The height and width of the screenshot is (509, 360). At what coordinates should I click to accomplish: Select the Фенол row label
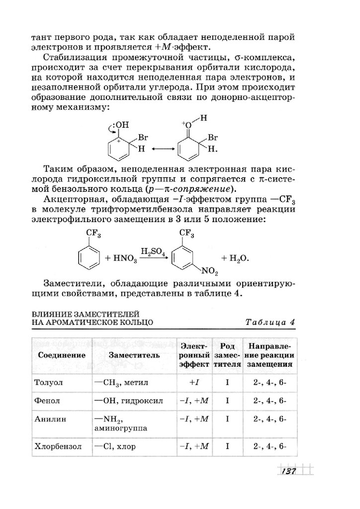coord(47,401)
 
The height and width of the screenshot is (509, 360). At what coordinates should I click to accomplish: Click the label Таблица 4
coord(270,322)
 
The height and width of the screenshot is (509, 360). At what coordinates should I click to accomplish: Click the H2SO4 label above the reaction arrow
coord(153,252)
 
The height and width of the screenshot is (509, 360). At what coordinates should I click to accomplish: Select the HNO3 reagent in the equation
coord(121,259)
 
